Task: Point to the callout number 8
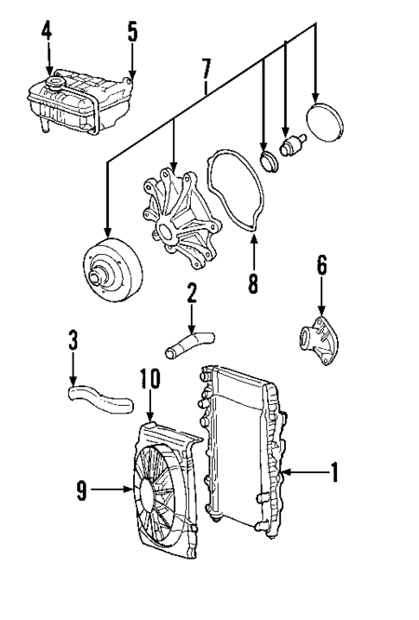(x=252, y=282)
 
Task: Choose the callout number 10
(x=149, y=379)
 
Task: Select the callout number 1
(x=334, y=472)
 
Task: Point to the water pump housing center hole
(x=162, y=231)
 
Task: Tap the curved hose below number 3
(x=98, y=396)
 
